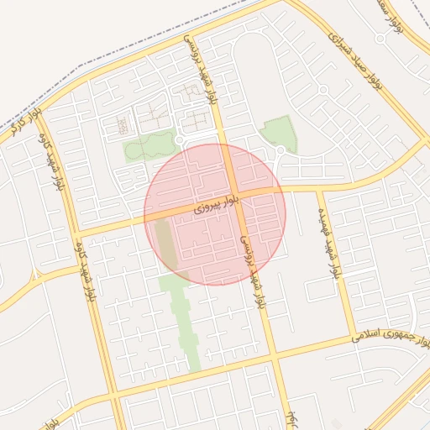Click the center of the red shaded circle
pyautogui.click(x=215, y=213)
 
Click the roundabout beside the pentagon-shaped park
pyautogui.click(x=280, y=152)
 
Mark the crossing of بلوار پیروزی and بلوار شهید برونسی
pyautogui.click(x=235, y=197)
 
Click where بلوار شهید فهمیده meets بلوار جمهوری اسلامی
pyautogui.click(x=354, y=336)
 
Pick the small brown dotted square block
pyautogui.click(x=123, y=127)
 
